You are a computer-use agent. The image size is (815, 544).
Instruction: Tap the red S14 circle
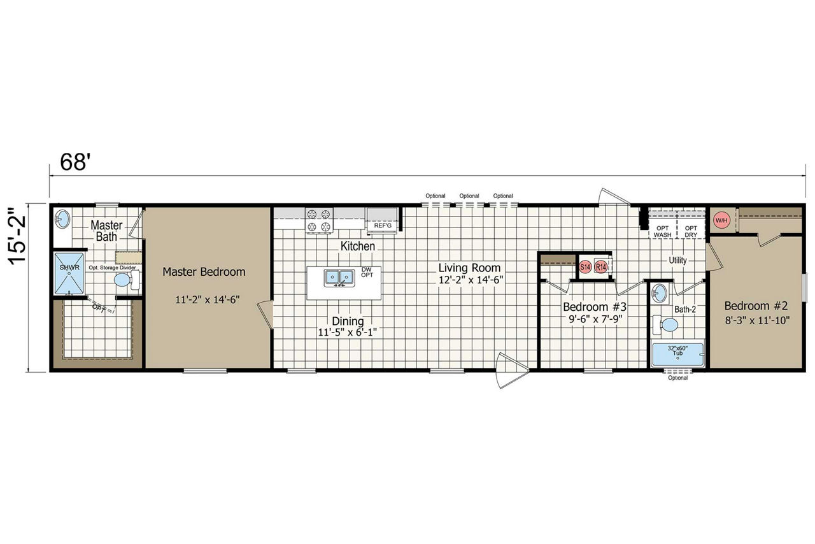585,267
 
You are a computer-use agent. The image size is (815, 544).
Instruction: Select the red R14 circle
601,267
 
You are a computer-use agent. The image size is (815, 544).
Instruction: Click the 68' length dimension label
74,162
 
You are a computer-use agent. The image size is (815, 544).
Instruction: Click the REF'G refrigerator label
383,225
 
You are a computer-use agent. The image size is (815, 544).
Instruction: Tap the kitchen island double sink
339,278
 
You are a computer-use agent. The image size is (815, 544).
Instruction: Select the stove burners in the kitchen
319,220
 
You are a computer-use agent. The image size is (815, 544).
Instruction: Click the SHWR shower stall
69,273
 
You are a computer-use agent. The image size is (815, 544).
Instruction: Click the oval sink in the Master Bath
62,218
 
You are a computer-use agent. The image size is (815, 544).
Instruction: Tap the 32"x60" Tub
677,354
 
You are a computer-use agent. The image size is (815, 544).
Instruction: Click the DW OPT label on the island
367,272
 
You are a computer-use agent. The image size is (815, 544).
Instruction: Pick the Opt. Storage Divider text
113,268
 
